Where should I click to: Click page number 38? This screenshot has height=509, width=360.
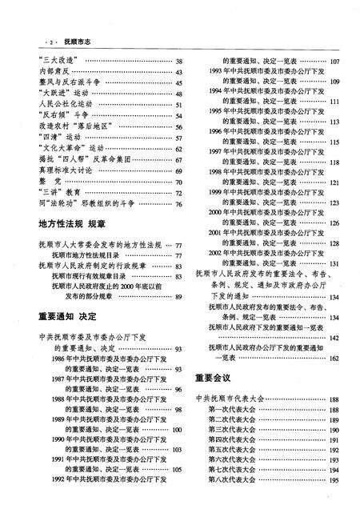179,62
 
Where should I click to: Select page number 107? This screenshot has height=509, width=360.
334,62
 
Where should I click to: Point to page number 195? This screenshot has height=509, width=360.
334,480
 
